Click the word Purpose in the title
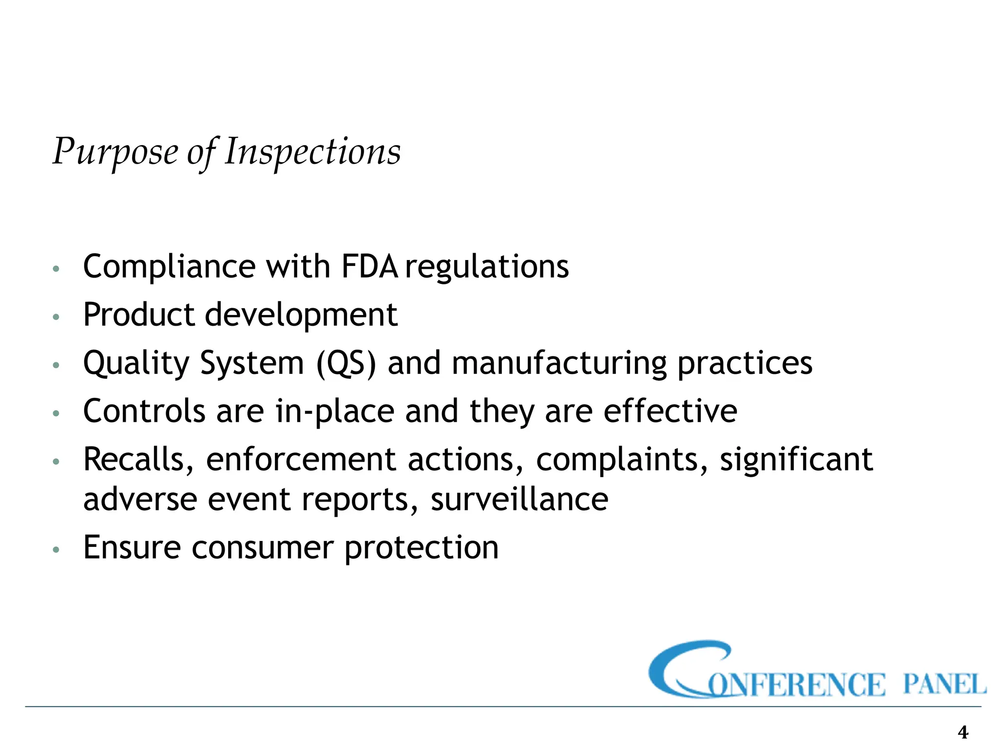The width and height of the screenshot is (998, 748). point(115,152)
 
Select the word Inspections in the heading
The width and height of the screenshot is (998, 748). point(312,152)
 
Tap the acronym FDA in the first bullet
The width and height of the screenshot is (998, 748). point(369,267)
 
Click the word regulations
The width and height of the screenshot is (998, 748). point(487,267)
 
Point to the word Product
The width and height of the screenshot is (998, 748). point(138,315)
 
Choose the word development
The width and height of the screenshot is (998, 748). point(301,315)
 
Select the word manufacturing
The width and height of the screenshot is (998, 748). point(559,363)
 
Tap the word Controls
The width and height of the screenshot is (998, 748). point(144,411)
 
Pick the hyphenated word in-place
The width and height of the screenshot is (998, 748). point(335,411)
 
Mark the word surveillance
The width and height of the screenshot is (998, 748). point(519,500)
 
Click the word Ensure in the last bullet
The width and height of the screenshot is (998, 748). point(132,547)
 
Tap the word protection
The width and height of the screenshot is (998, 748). point(422,547)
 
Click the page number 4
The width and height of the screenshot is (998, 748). point(963,732)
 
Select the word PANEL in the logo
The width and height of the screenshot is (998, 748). point(944,684)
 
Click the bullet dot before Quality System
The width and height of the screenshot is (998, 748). point(57,365)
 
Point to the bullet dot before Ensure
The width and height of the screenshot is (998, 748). point(57,549)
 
